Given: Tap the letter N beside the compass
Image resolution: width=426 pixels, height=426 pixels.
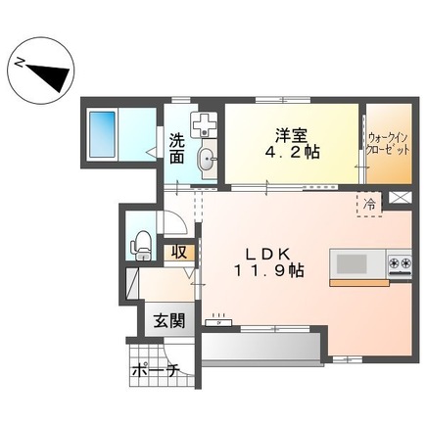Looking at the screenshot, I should (19, 62).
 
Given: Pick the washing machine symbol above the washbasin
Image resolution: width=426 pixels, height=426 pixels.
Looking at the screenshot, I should (206, 124).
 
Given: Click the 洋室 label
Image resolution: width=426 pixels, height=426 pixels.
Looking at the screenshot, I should (286, 135).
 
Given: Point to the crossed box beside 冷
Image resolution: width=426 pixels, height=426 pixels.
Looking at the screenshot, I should (399, 196).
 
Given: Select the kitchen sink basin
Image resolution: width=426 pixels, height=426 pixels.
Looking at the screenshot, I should (351, 262).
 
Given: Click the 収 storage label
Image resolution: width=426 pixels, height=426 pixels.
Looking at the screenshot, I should (178, 252).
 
